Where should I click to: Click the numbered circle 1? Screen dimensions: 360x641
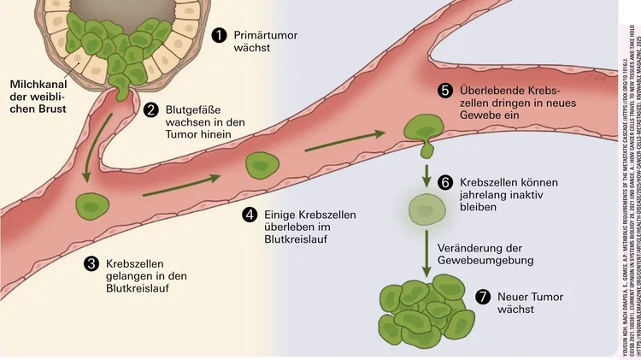(220, 35)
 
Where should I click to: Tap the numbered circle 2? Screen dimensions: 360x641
(150, 109)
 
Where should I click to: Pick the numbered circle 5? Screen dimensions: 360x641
(444, 91)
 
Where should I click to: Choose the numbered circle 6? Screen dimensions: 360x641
(444, 183)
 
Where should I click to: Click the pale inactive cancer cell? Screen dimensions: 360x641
(427, 208)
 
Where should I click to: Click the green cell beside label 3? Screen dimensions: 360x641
(90, 228)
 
